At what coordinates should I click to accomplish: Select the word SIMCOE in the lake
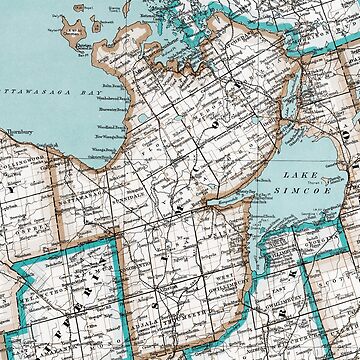[312, 185]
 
